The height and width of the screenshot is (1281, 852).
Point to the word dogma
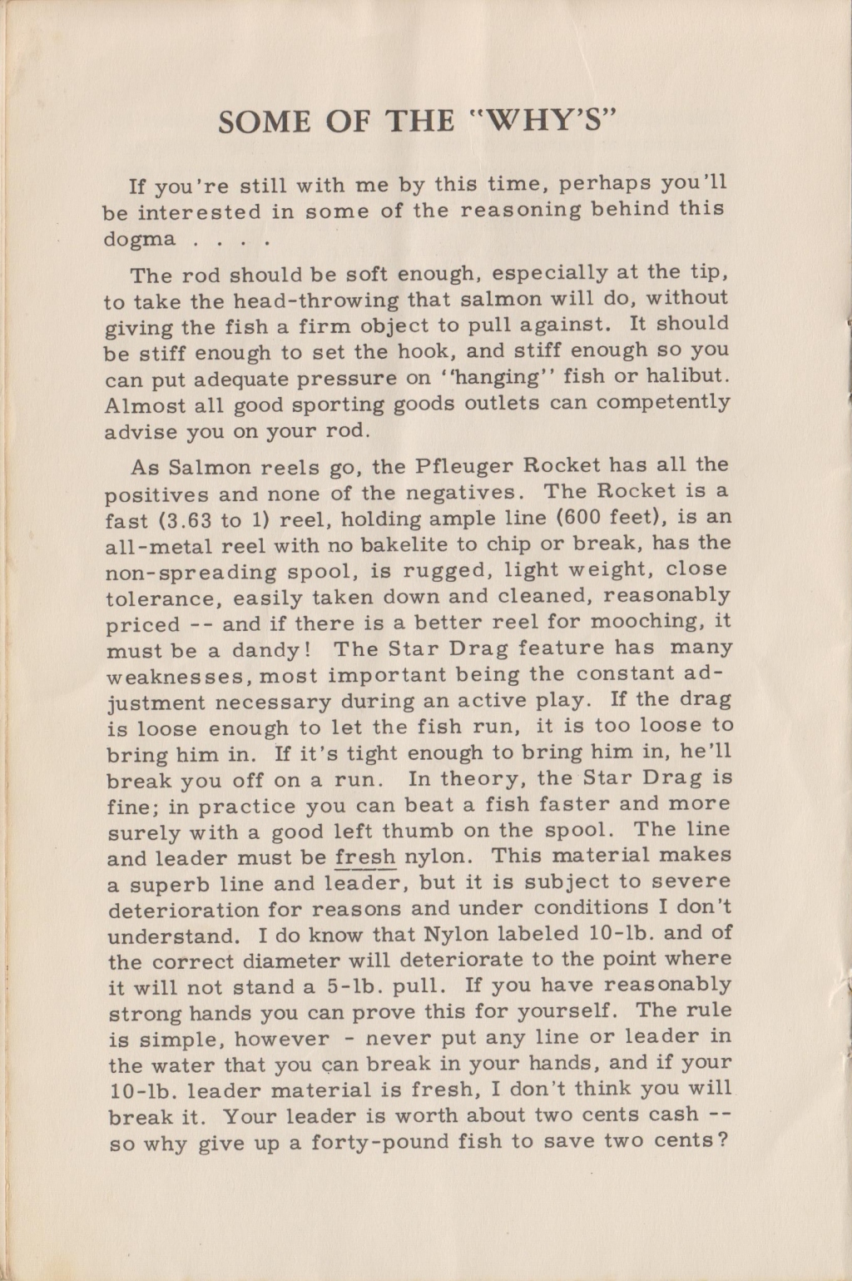click(140, 241)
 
